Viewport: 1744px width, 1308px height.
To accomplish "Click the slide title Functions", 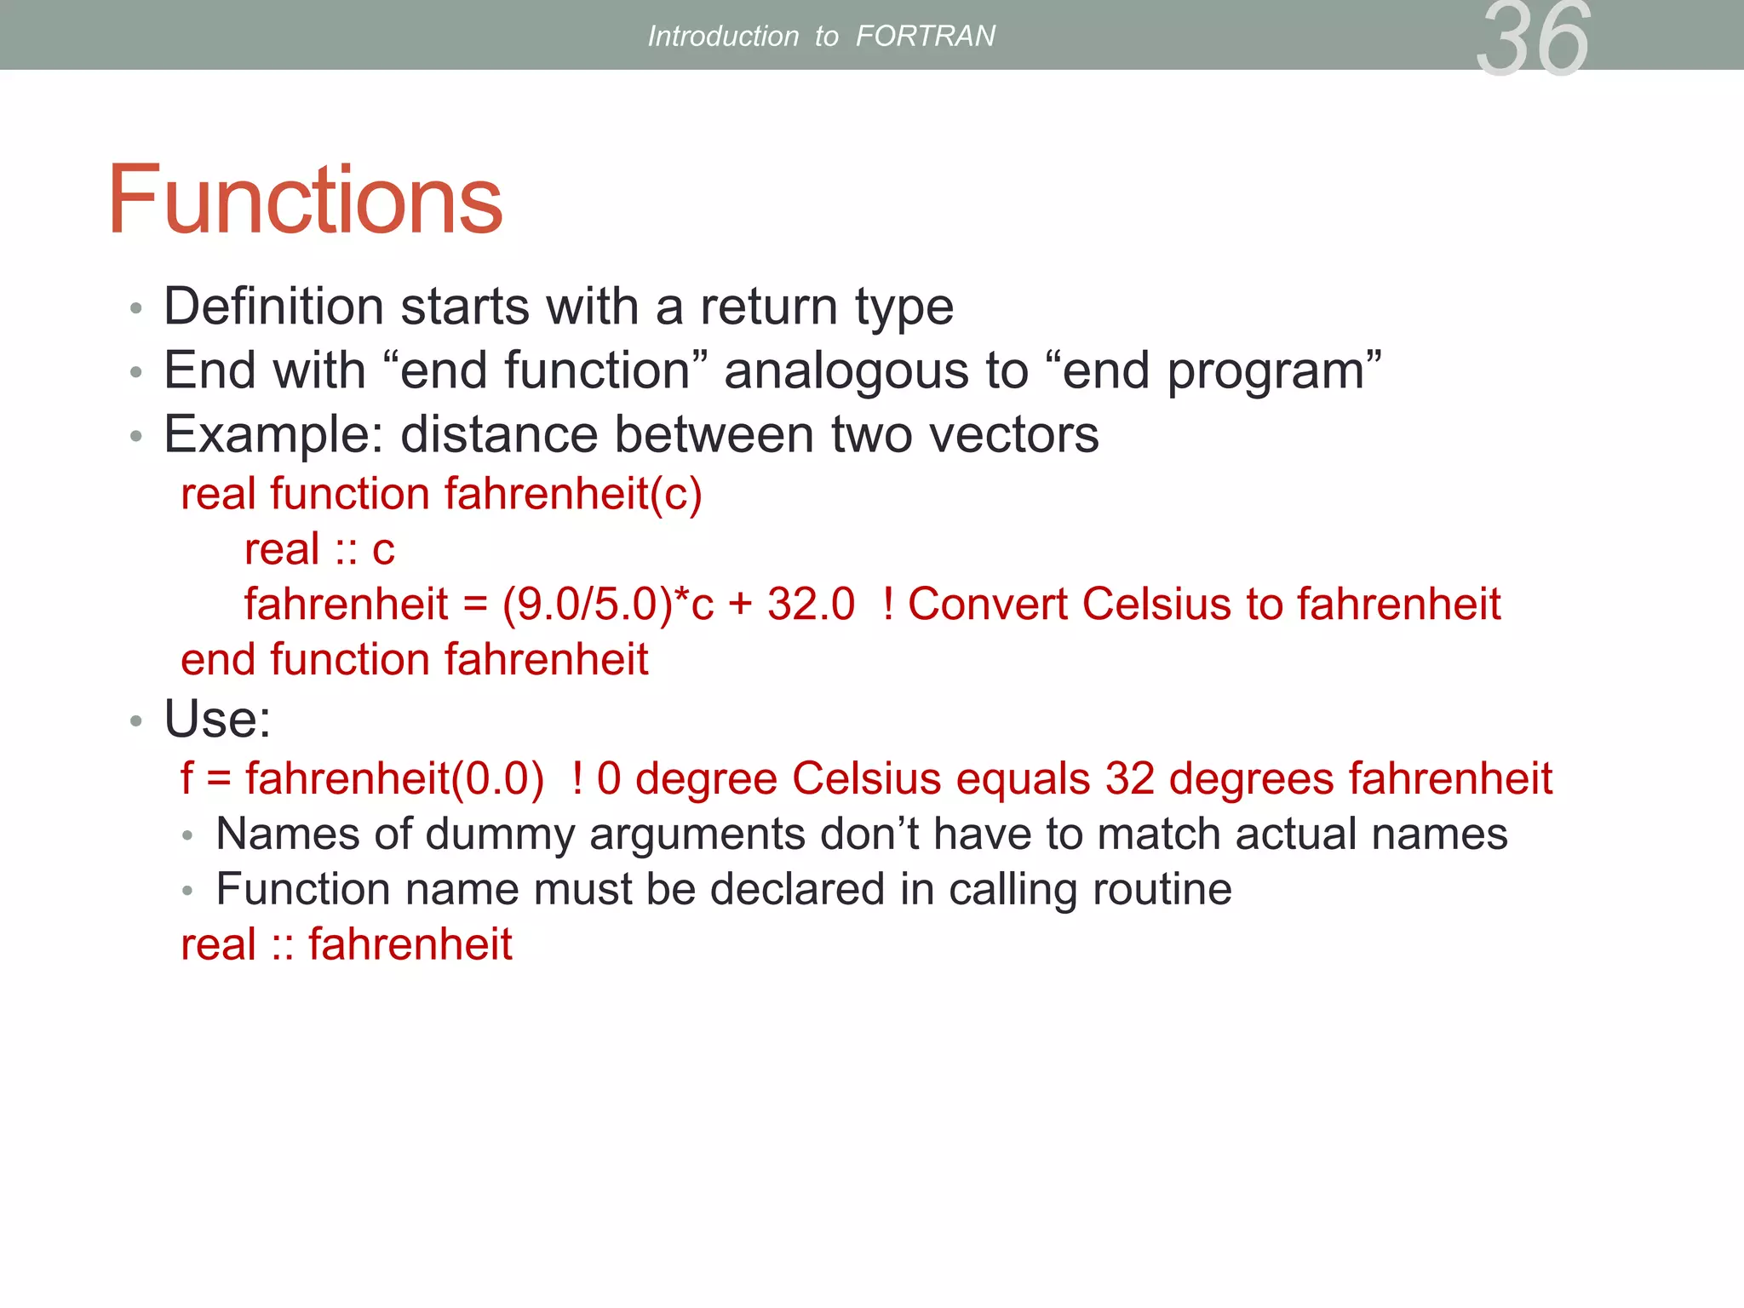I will click(305, 200).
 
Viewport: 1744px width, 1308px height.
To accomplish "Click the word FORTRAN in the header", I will click(925, 36).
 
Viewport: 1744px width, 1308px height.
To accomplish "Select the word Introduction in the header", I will click(723, 36).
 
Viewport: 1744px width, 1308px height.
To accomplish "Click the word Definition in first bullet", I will click(273, 307).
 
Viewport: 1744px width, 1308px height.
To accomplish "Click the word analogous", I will click(846, 371).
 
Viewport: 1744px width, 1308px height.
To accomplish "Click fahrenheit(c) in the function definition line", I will click(573, 494).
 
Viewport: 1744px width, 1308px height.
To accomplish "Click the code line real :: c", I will click(319, 549).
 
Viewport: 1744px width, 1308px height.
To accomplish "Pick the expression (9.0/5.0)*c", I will click(607, 605).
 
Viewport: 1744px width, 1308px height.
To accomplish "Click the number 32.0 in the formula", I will click(811, 605).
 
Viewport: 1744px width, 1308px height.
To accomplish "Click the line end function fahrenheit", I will click(415, 660).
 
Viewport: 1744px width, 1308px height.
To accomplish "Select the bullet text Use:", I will click(217, 719).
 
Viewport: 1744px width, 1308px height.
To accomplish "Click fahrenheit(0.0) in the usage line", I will click(394, 778).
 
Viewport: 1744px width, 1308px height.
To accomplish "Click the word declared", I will click(797, 889).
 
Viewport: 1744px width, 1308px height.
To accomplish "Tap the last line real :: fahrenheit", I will click(347, 944).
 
